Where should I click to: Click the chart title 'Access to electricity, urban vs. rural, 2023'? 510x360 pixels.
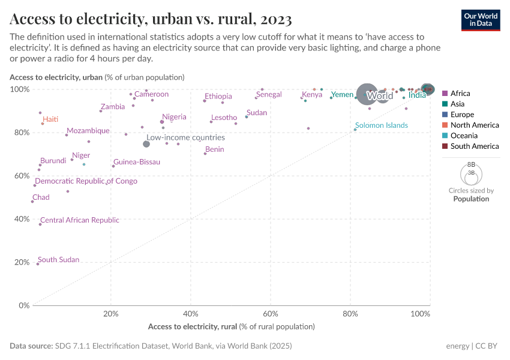coord(151,19)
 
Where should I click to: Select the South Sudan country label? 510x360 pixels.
coord(58,260)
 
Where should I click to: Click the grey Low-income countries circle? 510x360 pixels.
coord(146,144)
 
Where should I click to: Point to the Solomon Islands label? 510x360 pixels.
coord(381,125)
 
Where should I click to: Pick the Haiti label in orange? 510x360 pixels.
coord(50,119)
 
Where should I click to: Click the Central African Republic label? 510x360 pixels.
coord(80,220)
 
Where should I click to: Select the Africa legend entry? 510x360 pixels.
coord(460,94)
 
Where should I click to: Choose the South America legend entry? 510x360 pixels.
coord(474,146)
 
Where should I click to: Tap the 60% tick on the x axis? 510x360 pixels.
coord(271,314)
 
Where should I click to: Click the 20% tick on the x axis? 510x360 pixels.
coord(110,314)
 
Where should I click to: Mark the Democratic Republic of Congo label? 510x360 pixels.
coord(86,181)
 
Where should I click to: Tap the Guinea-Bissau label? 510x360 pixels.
coord(136,162)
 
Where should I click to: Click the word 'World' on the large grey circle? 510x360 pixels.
coord(380,96)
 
